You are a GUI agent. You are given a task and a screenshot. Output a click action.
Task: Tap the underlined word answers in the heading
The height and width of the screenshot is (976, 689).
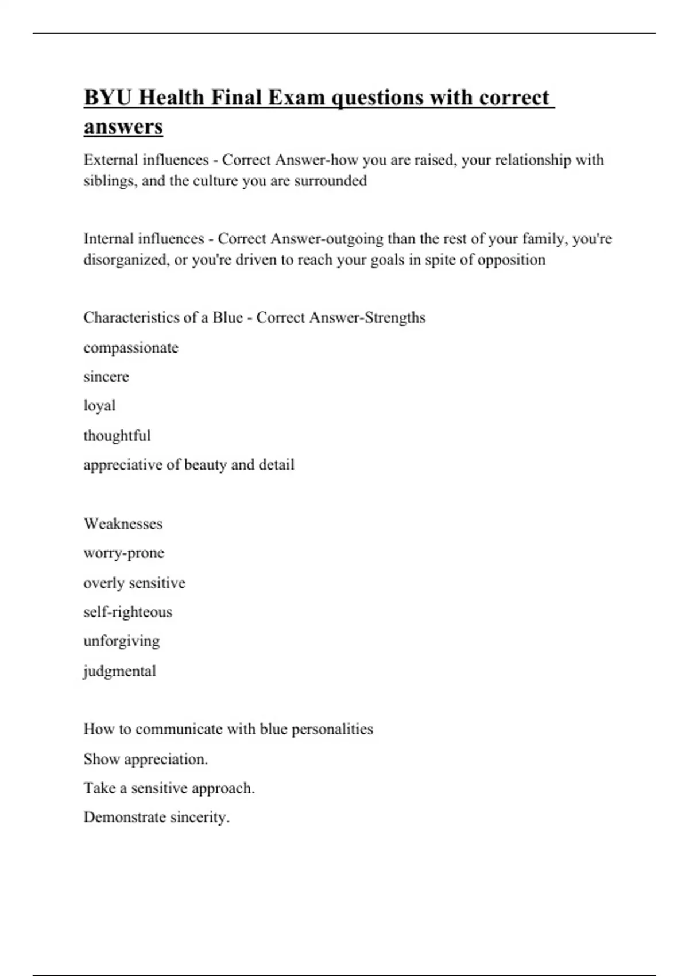pyautogui.click(x=123, y=127)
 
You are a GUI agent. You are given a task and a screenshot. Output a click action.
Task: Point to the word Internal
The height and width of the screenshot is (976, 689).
pyautogui.click(x=107, y=238)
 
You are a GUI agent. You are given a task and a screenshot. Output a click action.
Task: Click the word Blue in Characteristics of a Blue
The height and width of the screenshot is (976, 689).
pyautogui.click(x=227, y=317)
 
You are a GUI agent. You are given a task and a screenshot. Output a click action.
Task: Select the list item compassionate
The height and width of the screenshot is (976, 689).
pyautogui.click(x=131, y=348)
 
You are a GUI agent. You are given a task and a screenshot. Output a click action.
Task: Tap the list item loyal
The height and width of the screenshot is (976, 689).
pyautogui.click(x=99, y=406)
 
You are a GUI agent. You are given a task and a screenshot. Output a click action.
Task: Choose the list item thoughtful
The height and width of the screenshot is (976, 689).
pyautogui.click(x=117, y=436)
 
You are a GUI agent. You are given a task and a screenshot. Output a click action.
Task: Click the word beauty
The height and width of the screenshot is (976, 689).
pyautogui.click(x=205, y=464)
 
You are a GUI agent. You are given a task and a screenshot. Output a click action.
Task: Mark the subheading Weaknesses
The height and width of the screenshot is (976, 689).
pyautogui.click(x=123, y=524)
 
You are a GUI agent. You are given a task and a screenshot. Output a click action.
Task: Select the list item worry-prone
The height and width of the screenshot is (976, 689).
pyautogui.click(x=124, y=553)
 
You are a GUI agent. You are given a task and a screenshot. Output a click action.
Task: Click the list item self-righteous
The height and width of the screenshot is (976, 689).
pyautogui.click(x=127, y=612)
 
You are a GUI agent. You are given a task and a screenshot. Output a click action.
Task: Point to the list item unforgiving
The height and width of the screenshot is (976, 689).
pyautogui.click(x=122, y=641)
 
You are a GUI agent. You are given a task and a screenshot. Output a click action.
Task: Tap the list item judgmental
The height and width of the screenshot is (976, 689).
pyautogui.click(x=119, y=671)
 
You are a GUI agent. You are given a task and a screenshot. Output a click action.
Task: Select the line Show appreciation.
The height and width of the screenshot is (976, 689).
pyautogui.click(x=145, y=759)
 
